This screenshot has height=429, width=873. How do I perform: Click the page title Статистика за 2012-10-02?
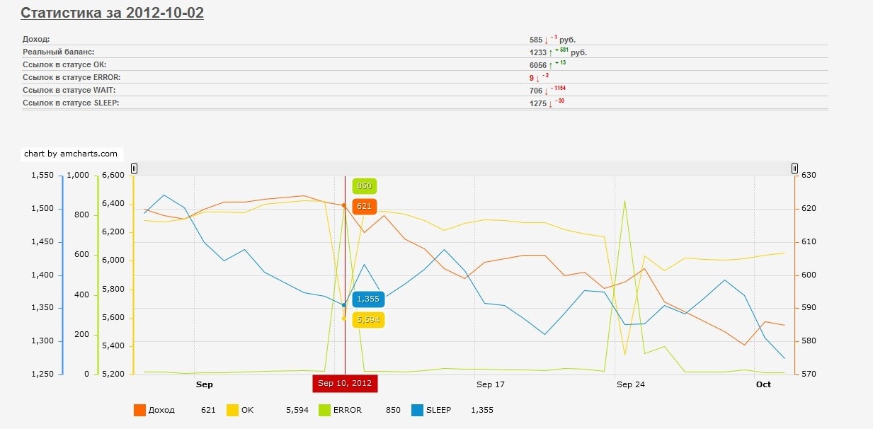[112, 13]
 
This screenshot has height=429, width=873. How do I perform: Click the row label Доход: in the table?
[36, 40]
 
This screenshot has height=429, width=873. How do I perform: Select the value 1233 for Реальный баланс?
[537, 52]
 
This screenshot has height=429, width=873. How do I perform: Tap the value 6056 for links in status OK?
[537, 65]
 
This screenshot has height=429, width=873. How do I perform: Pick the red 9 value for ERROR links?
[531, 78]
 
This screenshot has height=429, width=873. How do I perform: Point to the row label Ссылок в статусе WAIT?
[69, 91]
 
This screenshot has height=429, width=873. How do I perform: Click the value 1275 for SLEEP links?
[537, 103]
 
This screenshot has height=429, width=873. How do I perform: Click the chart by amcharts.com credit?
[71, 154]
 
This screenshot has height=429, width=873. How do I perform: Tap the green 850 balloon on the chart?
[364, 186]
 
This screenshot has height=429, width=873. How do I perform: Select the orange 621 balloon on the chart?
[364, 206]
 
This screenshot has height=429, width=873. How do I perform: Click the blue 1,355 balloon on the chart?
[368, 299]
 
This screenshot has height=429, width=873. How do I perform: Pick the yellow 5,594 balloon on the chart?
[368, 320]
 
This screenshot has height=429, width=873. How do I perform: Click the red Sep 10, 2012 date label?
[345, 383]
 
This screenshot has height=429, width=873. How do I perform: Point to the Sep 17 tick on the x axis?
[491, 384]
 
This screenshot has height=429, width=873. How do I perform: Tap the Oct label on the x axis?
[763, 384]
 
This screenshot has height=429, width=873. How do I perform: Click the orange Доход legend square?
[139, 410]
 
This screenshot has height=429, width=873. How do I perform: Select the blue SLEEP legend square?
[418, 410]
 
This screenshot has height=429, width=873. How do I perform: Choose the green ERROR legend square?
[325, 410]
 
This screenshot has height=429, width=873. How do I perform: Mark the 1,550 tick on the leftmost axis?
[42, 176]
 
